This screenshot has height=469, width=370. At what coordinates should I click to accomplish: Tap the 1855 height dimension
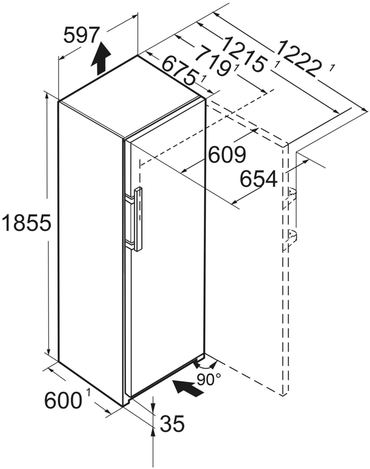[x=26, y=223]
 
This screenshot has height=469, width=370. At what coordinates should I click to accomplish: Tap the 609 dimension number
[x=227, y=155]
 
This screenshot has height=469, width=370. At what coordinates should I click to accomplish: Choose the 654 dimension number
[x=258, y=178]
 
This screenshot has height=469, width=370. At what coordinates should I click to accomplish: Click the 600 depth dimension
[x=63, y=400]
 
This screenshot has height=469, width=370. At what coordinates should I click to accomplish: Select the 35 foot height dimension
[x=172, y=424]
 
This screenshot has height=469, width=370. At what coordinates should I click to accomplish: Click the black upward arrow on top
[x=101, y=59]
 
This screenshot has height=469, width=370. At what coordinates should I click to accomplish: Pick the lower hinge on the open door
[x=291, y=235]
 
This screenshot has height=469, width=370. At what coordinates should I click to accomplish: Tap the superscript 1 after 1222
[x=332, y=69]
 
